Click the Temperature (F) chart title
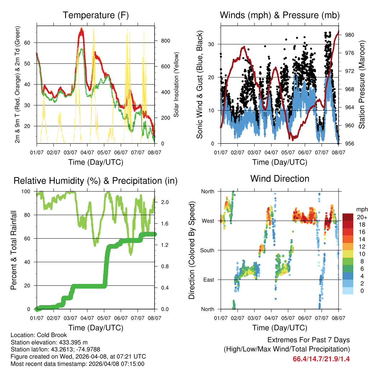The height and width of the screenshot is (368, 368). coord(96,15)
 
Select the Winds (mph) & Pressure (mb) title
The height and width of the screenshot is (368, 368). coord(280,15)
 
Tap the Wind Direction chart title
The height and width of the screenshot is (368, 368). coord(280,178)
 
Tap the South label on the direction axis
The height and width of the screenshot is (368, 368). coord(207,250)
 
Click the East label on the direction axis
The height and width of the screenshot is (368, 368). coord(208,280)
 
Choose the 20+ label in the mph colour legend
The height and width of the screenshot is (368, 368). coord(362,217)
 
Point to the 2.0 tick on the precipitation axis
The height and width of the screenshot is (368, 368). coord(162,202)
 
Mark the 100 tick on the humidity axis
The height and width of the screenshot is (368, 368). coord(28,191)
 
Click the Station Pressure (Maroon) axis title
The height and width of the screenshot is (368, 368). coord(362,85)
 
